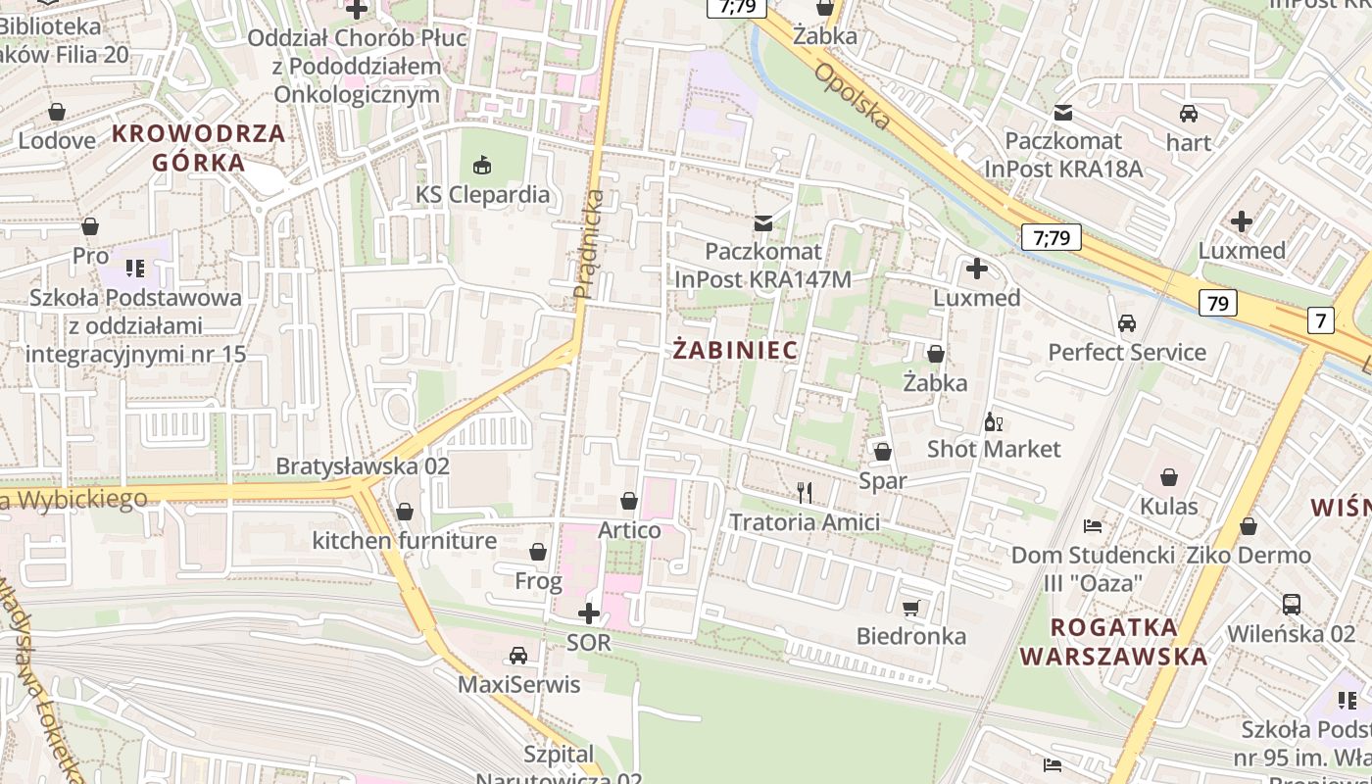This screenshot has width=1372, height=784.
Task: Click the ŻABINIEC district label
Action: (x=736, y=350)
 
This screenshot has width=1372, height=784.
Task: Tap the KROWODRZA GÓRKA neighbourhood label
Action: (x=199, y=147)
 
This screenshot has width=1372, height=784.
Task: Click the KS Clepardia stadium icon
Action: (x=482, y=165)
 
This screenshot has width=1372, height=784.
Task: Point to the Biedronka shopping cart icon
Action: (x=911, y=608)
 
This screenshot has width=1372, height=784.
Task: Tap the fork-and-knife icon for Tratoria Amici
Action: (x=805, y=492)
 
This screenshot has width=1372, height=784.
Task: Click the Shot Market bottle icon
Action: (x=994, y=421)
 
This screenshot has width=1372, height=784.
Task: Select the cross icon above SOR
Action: (x=589, y=613)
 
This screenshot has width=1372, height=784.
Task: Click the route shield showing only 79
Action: (x=1217, y=303)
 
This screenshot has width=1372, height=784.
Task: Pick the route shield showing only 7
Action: (x=1320, y=319)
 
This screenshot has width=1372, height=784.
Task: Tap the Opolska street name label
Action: (x=853, y=96)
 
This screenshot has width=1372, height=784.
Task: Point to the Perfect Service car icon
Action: (x=1127, y=323)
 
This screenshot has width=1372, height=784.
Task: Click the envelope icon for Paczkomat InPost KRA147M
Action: (x=762, y=223)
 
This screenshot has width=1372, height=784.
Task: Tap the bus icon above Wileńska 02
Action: (x=1291, y=605)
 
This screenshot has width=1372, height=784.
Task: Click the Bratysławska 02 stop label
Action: (x=363, y=466)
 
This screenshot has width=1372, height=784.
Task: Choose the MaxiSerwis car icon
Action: (x=518, y=656)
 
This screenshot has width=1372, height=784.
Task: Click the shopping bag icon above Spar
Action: (x=882, y=452)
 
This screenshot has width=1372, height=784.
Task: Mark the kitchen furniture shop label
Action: (x=404, y=541)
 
